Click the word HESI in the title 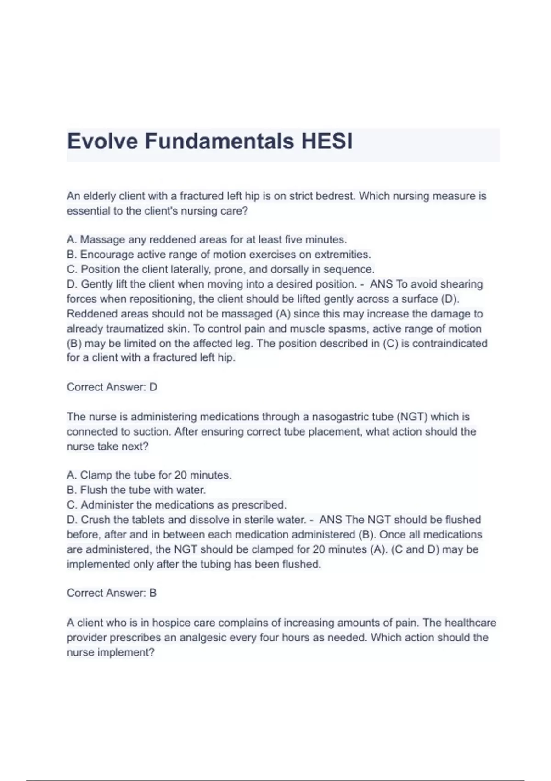(x=327, y=141)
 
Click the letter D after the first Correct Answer (x=153, y=387)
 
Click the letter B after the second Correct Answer (x=153, y=593)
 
